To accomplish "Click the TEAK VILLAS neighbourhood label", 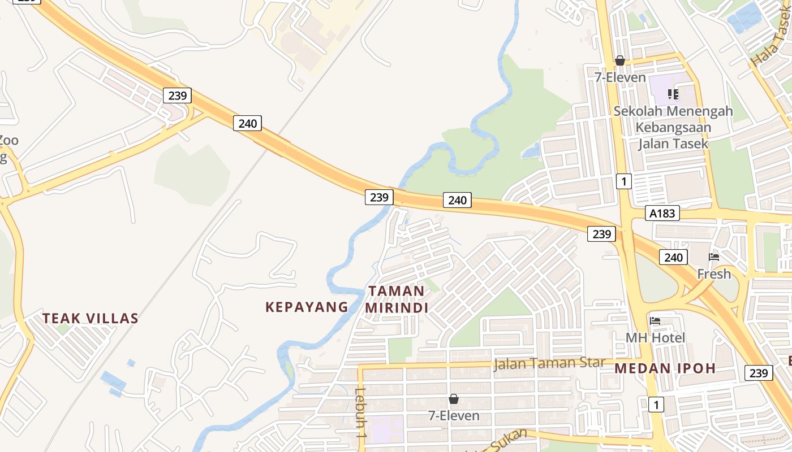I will [x=91, y=319].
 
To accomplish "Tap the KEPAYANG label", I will [x=307, y=307].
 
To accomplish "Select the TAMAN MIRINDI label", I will [x=397, y=299].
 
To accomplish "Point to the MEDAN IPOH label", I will [x=665, y=369].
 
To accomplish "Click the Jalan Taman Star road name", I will [x=549, y=363].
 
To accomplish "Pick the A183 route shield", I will [x=662, y=213].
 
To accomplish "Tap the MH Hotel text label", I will [x=655, y=338].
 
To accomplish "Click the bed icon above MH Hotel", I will [x=655, y=321].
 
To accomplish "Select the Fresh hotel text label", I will [x=714, y=274].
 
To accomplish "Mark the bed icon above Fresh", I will [x=714, y=257].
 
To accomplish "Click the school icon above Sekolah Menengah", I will [x=673, y=94].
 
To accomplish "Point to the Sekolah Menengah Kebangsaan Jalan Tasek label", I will [x=673, y=127].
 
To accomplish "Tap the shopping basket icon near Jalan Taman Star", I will [x=453, y=399].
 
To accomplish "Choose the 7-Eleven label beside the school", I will [x=620, y=77].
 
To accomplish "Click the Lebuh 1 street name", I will [x=360, y=414].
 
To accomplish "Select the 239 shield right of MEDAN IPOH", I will [x=758, y=373].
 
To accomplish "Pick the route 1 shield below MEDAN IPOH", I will [x=656, y=405].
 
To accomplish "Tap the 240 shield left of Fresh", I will [x=673, y=258].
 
